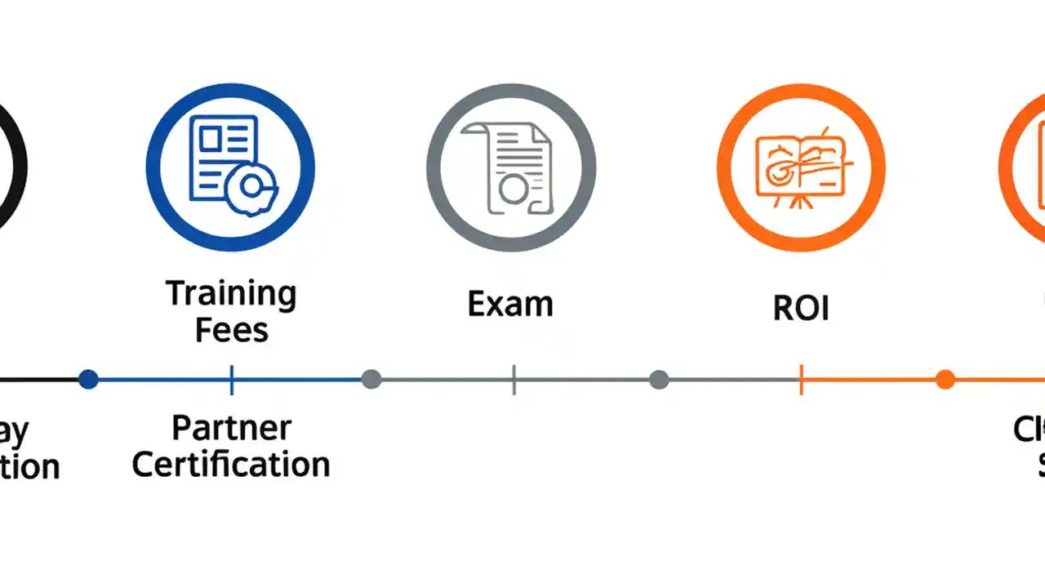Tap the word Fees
[231, 330]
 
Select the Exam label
[510, 305]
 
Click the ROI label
[801, 309]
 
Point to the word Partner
[231, 428]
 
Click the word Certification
[231, 465]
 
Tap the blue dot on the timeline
[88, 379]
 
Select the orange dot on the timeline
[945, 379]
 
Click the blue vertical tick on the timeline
[232, 380]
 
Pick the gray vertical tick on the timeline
[514, 380]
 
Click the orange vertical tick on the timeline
[801, 380]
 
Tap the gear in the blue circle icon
[250, 187]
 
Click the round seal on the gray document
[513, 189]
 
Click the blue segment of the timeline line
[163, 380]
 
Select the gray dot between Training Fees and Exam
[371, 379]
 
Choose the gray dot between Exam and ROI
[659, 379]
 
